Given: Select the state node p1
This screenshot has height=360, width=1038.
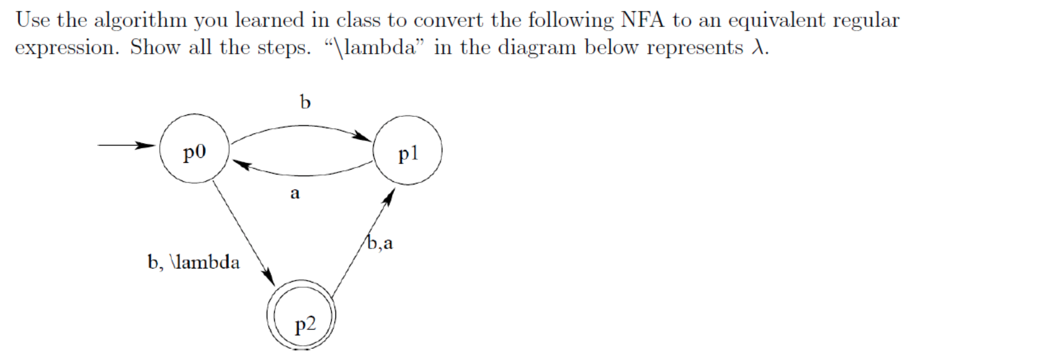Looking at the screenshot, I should tap(408, 150).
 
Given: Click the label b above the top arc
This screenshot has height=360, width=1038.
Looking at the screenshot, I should tap(305, 101).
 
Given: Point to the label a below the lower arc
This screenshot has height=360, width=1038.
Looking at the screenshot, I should tap(295, 193).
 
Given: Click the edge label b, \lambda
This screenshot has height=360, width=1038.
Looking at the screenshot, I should tap(193, 262).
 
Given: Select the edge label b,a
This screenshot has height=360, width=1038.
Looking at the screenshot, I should tap(380, 242).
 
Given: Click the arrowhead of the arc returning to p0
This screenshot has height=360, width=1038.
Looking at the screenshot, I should tap(242, 165).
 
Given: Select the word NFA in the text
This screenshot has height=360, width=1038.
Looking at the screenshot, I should tap(642, 20).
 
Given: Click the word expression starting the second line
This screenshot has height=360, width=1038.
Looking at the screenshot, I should tap(66, 48).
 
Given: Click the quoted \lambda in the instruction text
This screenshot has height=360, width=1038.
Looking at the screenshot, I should tap(375, 47).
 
